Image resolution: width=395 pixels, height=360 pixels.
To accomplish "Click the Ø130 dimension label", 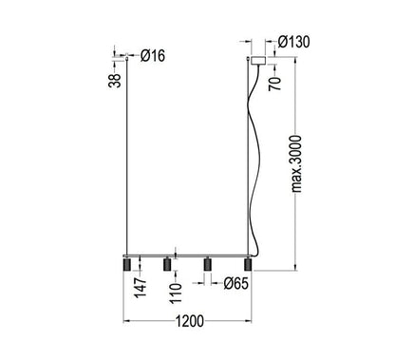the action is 294,42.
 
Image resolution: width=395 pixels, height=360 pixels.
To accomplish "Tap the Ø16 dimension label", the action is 153,56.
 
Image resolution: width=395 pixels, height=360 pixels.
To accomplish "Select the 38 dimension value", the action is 115,80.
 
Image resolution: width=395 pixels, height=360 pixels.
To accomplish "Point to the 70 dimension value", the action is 274,84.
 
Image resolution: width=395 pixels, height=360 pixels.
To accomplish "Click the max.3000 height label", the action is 296,163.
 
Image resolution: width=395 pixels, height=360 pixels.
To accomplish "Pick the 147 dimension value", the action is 141,287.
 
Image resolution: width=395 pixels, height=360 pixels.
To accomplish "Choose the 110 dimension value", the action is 176,294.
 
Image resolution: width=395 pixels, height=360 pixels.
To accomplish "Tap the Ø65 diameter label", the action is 236,283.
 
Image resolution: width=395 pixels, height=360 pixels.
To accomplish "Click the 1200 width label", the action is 190,321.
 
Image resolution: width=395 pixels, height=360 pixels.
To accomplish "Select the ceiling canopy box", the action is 258,61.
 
